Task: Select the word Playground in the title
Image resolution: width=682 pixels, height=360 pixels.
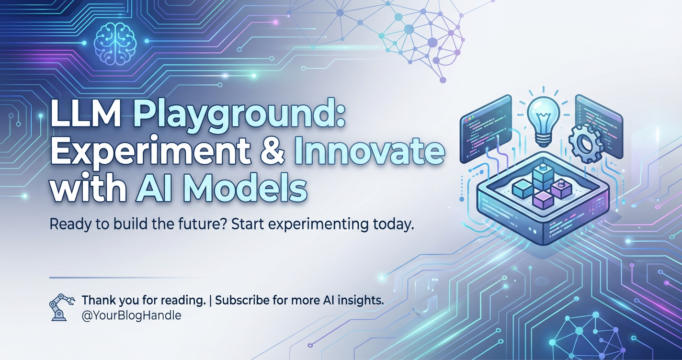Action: (239, 117)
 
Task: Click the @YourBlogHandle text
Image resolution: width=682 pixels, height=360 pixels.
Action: (131, 315)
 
